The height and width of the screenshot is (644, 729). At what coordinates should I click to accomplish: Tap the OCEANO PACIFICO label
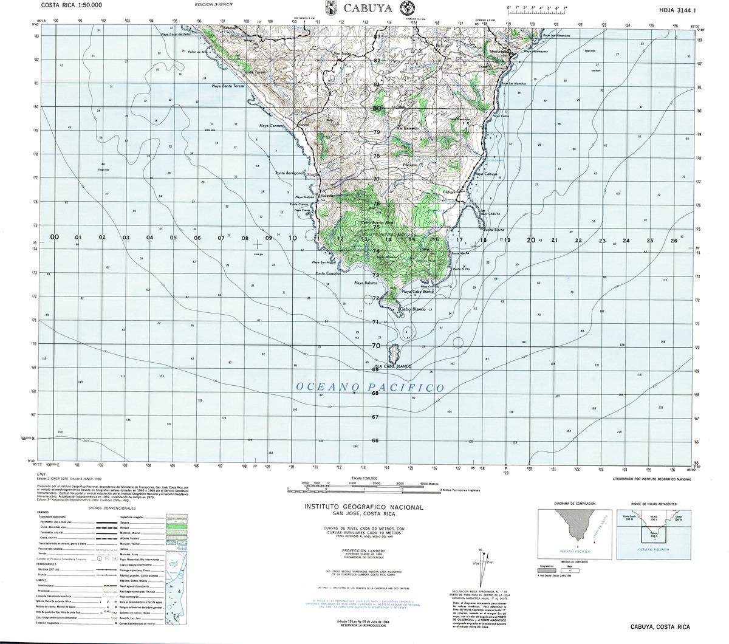pos(369,387)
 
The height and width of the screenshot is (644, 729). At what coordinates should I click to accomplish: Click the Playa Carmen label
pos(272,126)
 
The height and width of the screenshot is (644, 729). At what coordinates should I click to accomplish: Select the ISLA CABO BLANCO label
pos(393,366)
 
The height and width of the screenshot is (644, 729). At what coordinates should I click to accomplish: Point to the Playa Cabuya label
pos(486,174)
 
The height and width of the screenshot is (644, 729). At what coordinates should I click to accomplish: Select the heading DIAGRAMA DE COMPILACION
pos(574,504)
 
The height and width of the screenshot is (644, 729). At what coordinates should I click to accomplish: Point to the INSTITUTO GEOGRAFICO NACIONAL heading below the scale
pos(363,507)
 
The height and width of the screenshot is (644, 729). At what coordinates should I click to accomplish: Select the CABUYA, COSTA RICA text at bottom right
pos(660,627)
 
